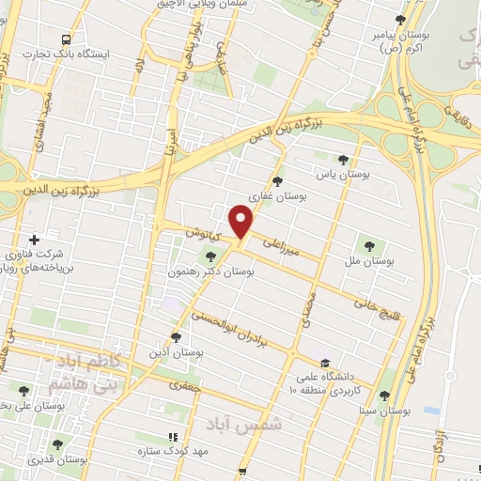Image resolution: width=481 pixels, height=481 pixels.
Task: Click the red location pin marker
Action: point(242,222)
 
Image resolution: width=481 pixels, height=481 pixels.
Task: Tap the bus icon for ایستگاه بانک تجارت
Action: point(66,39)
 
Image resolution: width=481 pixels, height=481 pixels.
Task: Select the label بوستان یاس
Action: point(345,174)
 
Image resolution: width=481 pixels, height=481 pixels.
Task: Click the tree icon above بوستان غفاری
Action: point(276,181)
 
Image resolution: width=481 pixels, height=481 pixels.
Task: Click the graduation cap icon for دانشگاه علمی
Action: point(324,363)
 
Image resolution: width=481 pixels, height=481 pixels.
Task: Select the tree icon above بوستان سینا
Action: point(384,396)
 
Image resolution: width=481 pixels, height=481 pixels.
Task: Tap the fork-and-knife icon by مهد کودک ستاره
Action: point(171,438)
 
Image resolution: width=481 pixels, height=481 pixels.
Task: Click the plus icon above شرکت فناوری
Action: point(36,240)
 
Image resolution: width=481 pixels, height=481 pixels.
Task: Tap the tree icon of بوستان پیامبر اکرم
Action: point(401,20)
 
